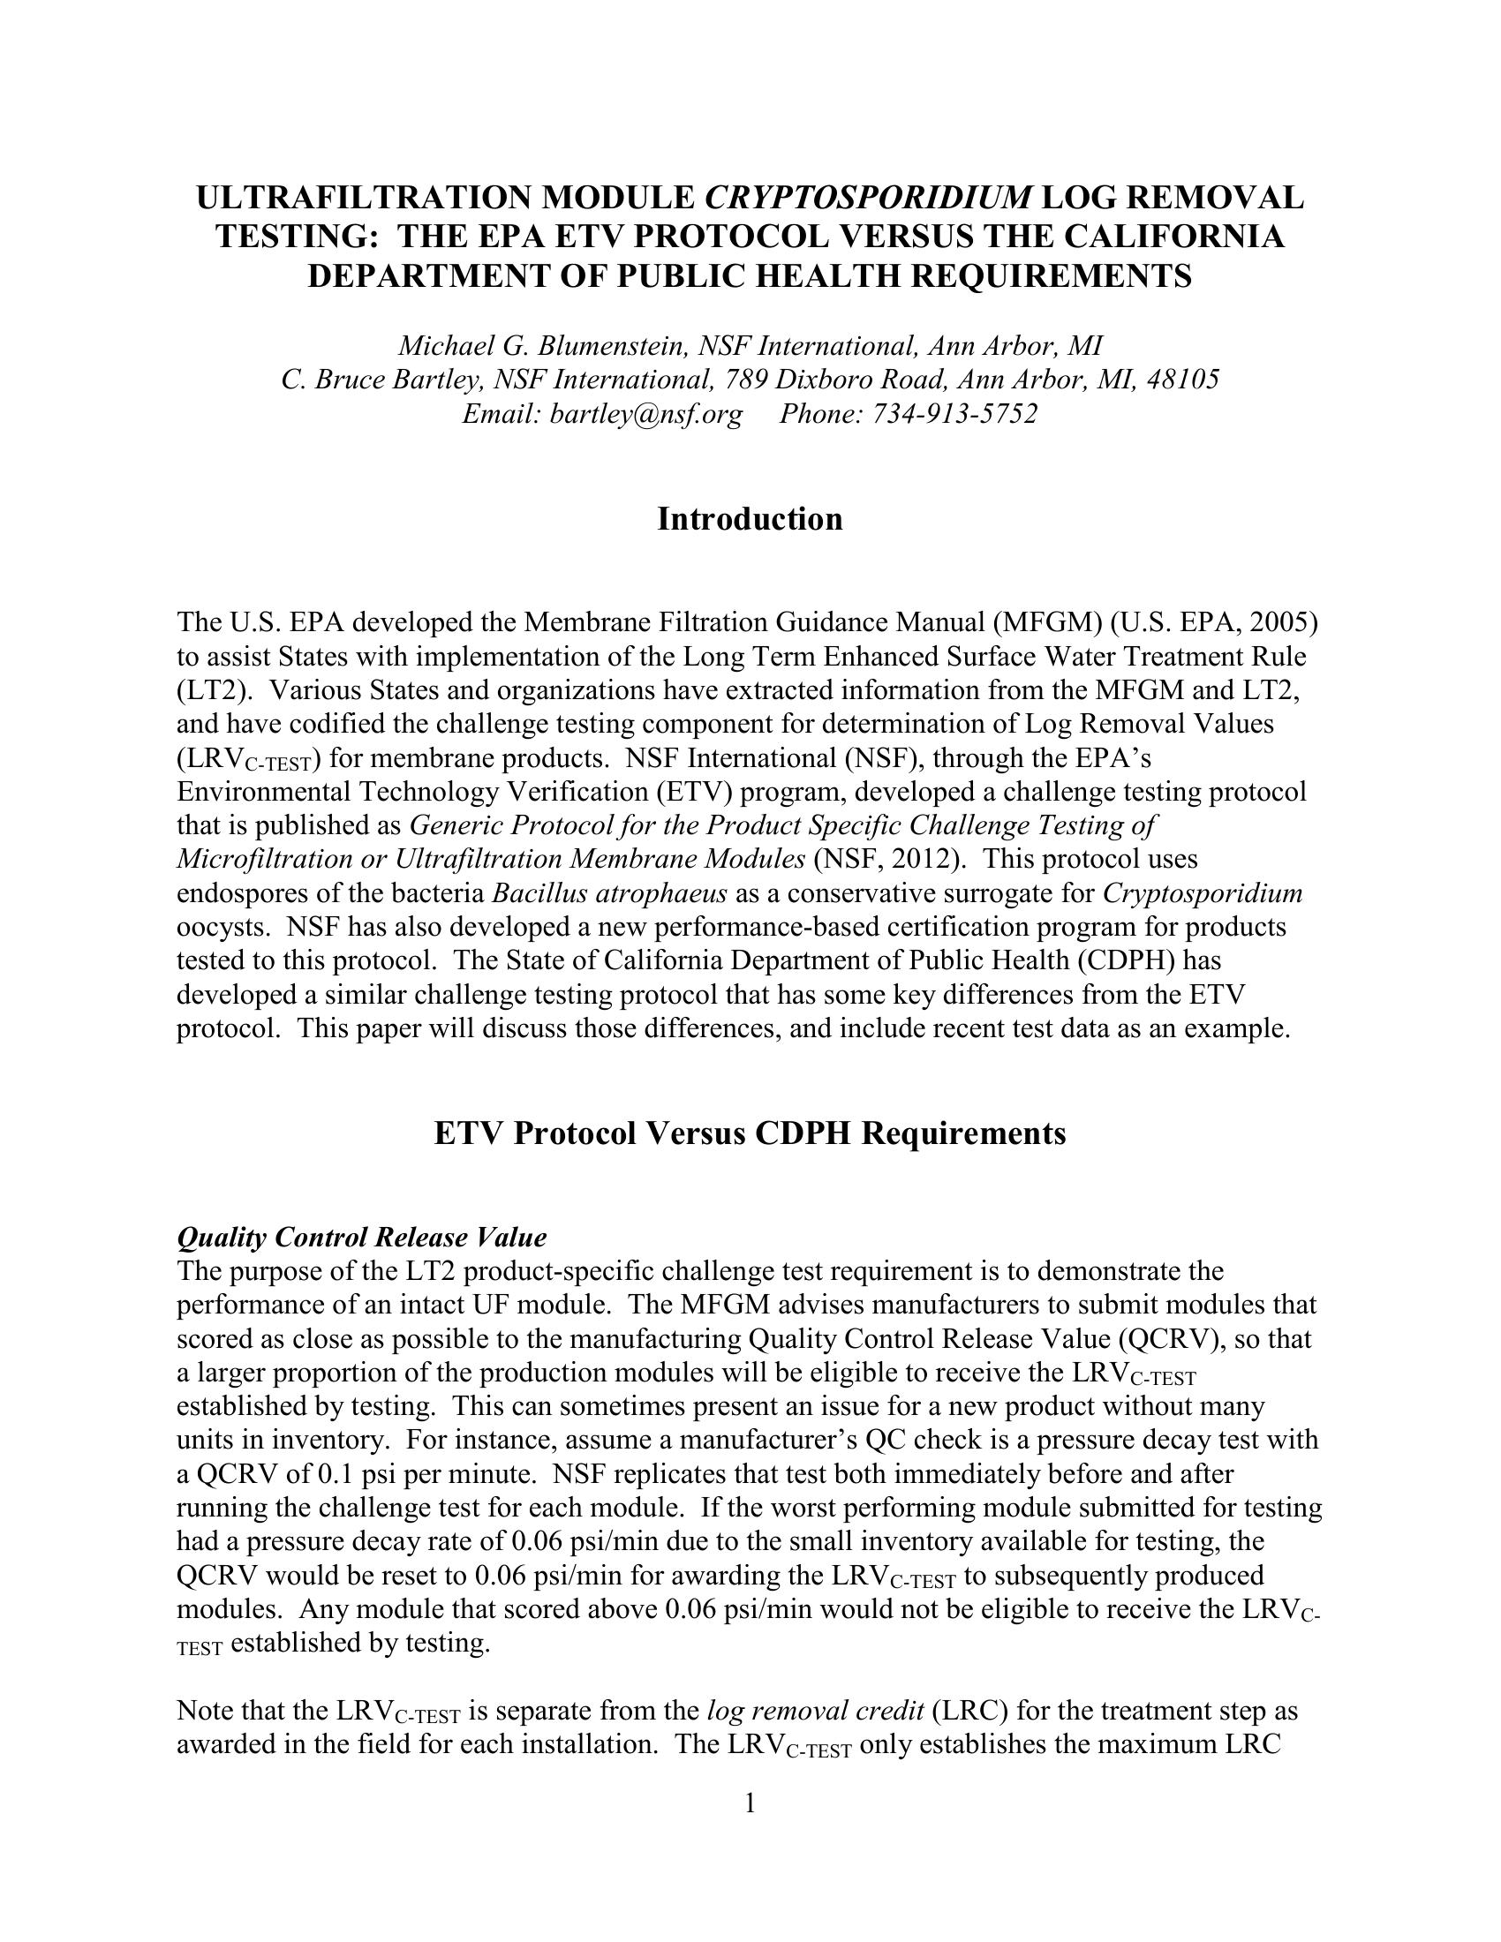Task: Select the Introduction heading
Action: pos(750,518)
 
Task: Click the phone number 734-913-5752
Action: pos(951,413)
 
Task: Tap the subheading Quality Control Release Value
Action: pos(362,1237)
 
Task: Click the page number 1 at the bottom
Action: pos(750,1803)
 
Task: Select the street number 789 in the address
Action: pos(745,380)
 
